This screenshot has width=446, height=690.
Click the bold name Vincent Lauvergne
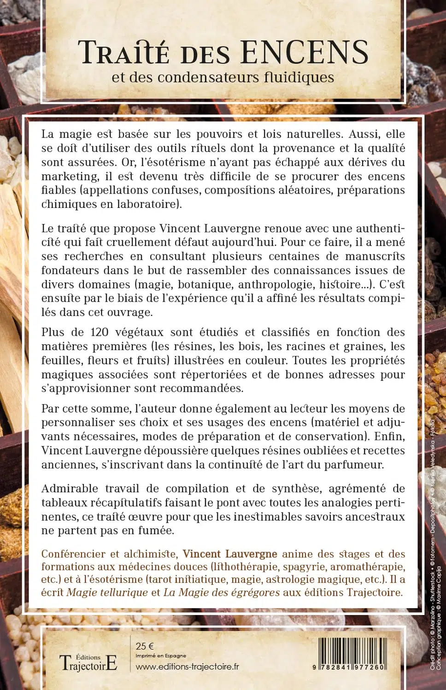click(x=230, y=554)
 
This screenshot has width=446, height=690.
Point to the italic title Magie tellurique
click(x=107, y=592)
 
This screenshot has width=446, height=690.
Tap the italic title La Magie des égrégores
click(x=215, y=592)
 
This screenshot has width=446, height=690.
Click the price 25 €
click(x=145, y=646)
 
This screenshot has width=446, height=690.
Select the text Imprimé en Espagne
click(x=161, y=656)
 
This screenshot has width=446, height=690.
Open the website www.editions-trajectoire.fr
click(x=187, y=667)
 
